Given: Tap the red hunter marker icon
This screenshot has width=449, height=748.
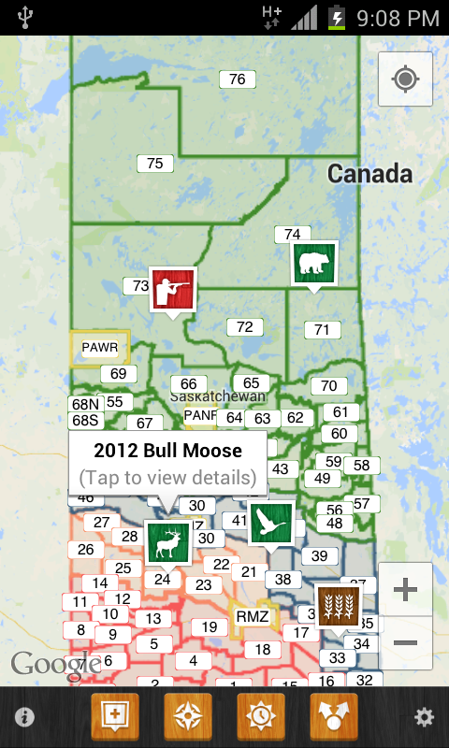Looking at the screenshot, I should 173,290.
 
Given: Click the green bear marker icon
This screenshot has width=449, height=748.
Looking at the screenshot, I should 314,264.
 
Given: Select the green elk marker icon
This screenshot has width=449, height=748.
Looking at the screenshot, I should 168,542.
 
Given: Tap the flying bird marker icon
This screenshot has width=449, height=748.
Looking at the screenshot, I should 271,523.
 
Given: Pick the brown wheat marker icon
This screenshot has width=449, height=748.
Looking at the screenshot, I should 338,606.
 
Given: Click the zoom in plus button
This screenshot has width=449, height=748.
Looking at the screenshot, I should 405,589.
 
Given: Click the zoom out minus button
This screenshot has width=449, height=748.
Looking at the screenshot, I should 405,643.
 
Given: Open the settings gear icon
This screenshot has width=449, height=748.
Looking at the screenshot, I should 425,718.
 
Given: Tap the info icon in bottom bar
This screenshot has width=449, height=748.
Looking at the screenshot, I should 24,718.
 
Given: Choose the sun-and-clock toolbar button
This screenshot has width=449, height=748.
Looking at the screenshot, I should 261,718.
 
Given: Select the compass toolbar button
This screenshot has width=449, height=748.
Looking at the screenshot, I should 188,718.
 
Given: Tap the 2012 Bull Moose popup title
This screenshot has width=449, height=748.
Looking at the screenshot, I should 167,451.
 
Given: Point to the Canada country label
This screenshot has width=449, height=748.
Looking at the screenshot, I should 369,173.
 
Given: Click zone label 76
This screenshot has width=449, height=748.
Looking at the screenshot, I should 238,79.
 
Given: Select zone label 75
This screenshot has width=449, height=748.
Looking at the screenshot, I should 155,164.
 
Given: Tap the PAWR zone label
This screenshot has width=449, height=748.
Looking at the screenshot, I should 100,348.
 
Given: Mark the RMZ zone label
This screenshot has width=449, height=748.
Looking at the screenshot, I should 253,616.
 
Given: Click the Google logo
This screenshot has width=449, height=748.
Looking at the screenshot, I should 45,664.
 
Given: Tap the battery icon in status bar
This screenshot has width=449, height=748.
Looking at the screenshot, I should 337,18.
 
